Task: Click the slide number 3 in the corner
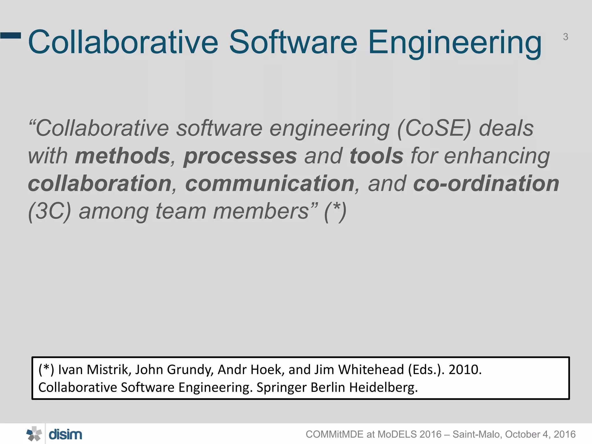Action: coord(565,37)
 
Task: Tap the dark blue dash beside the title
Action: coord(11,36)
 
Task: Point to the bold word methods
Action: coord(123,156)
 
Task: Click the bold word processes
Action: coord(240,156)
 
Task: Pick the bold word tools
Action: coord(376,156)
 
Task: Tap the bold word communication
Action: coord(270,184)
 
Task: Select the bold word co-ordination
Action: coord(486,184)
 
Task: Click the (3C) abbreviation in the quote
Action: coord(50,212)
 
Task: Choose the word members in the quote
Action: coord(261,212)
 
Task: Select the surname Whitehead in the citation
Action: coord(371,370)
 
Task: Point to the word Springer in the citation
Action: coord(281,388)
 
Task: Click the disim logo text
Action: coord(65,434)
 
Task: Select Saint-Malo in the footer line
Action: coord(477,434)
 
